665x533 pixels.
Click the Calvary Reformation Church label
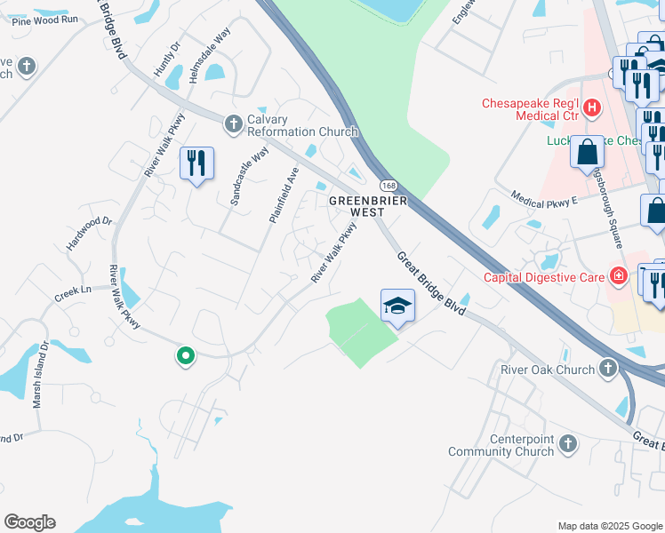[302, 125]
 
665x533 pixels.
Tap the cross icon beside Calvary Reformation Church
[234, 123]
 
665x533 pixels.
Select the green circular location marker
[185, 356]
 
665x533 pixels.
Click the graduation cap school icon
[398, 306]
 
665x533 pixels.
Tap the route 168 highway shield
[389, 185]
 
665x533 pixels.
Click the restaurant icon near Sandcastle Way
[197, 163]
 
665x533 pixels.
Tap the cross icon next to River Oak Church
[608, 367]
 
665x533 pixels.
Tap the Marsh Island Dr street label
[41, 374]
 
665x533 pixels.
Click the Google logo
[29, 522]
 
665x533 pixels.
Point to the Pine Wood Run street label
[45, 20]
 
